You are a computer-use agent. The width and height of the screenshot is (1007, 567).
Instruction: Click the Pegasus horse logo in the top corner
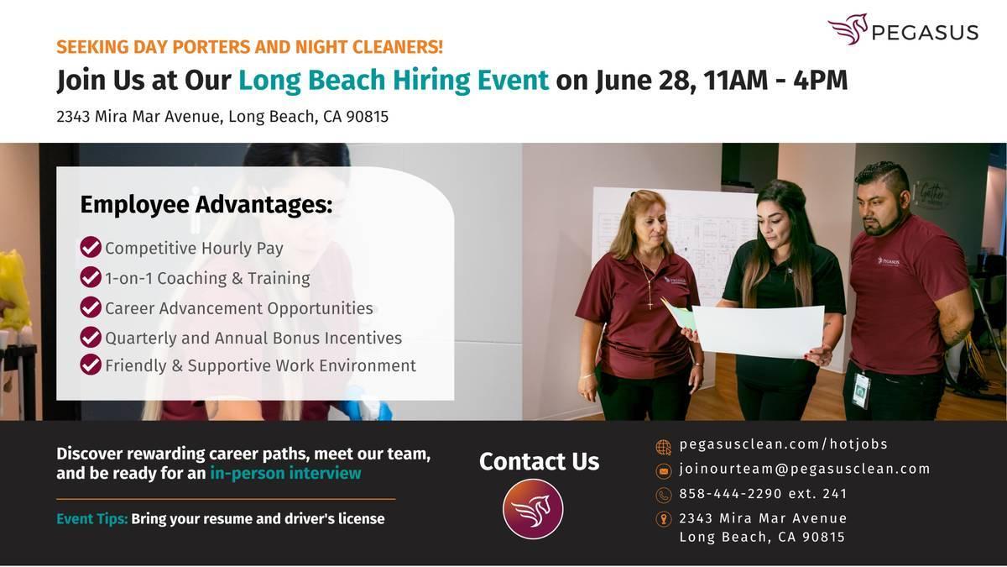(x=848, y=29)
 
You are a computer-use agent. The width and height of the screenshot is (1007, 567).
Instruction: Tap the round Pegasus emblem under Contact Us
(x=533, y=509)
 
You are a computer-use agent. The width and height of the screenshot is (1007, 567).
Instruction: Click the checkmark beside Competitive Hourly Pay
(x=91, y=247)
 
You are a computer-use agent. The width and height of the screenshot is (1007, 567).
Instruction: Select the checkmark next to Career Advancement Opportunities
(x=91, y=307)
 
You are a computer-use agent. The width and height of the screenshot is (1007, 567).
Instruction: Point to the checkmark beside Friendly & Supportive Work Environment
(x=91, y=365)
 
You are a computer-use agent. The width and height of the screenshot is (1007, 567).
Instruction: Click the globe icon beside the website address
(x=664, y=447)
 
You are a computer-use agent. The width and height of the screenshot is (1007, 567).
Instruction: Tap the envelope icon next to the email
(x=664, y=471)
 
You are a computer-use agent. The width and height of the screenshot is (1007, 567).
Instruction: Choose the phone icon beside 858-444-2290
(x=664, y=495)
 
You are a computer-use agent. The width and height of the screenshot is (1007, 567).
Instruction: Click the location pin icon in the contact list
(x=664, y=519)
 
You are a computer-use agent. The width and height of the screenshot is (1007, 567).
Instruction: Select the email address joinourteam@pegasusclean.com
(x=804, y=469)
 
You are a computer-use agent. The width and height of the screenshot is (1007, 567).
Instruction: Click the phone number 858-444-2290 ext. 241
(x=763, y=494)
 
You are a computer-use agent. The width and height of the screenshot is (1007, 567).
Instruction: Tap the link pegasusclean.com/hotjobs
(x=784, y=444)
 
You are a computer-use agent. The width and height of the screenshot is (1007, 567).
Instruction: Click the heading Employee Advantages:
(x=206, y=205)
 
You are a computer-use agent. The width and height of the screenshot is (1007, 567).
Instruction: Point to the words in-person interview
(x=285, y=474)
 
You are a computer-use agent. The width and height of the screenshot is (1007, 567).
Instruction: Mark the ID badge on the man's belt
(x=861, y=390)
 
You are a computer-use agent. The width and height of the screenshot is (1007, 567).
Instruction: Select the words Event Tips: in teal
(x=92, y=519)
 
